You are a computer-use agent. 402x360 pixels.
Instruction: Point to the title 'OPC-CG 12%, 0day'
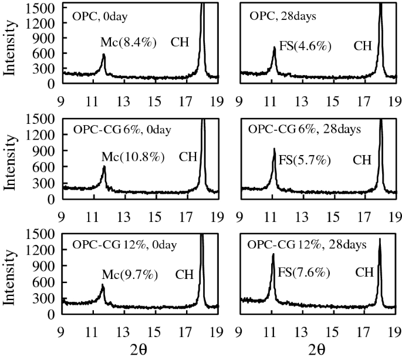click(x=126, y=244)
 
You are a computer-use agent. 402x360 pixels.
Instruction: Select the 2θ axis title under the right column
click(x=317, y=350)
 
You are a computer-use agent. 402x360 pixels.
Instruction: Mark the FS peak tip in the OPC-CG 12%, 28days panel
click(x=273, y=254)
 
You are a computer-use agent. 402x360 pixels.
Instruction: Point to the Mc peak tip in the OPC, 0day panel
click(x=104, y=55)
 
